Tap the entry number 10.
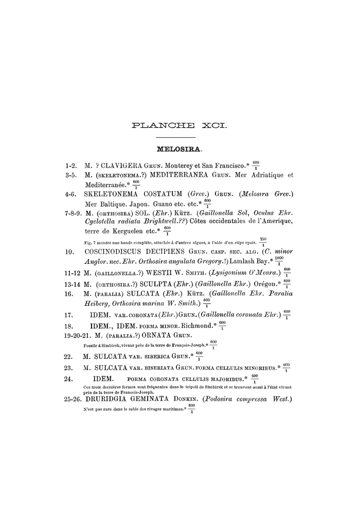69,252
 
